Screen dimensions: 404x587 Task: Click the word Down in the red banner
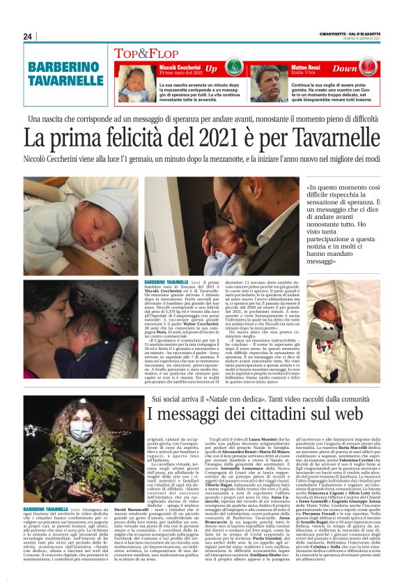(x=345, y=69)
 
